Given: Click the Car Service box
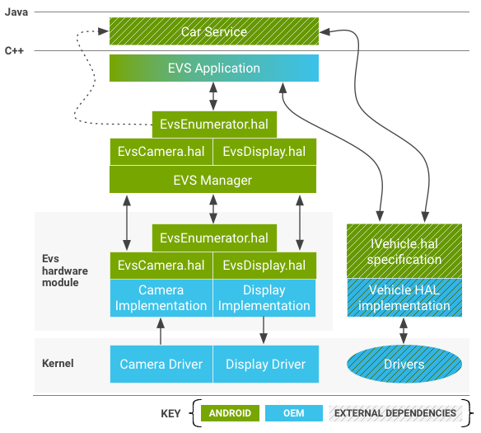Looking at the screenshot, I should click(x=213, y=32).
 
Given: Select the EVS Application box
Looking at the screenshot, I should click(x=213, y=68).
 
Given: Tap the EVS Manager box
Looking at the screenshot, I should click(x=213, y=180).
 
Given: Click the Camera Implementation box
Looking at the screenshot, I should click(x=161, y=298).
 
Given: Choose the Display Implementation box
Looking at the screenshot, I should click(x=264, y=298).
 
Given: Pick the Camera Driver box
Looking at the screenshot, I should click(x=161, y=364).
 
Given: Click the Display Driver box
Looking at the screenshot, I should click(x=265, y=364).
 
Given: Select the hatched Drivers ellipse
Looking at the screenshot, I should click(x=404, y=364).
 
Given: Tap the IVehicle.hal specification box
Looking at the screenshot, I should click(x=404, y=251).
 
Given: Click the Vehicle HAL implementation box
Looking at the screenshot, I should click(x=404, y=298).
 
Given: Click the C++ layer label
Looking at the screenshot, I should click(x=14, y=51).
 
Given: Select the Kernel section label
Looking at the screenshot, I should click(x=58, y=363).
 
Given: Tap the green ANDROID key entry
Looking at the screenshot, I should click(x=230, y=413).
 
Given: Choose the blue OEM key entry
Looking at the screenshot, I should click(x=295, y=413).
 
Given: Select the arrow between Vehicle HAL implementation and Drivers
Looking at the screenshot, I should click(x=404, y=332).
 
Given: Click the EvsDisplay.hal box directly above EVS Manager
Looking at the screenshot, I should click(x=264, y=152).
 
